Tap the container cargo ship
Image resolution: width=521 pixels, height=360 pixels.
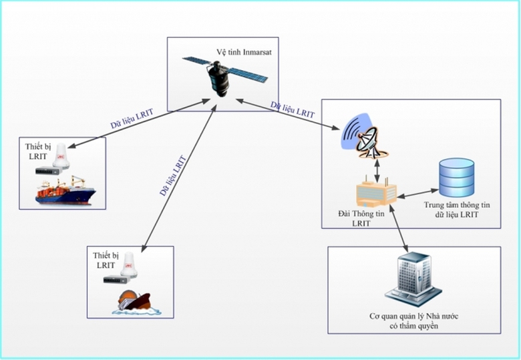click(x=65, y=192)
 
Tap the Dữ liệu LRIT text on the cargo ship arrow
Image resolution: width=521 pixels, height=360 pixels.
click(x=132, y=120)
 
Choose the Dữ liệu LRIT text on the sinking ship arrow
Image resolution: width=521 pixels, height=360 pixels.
click(x=172, y=174)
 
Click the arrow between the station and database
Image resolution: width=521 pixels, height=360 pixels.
click(x=416, y=192)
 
